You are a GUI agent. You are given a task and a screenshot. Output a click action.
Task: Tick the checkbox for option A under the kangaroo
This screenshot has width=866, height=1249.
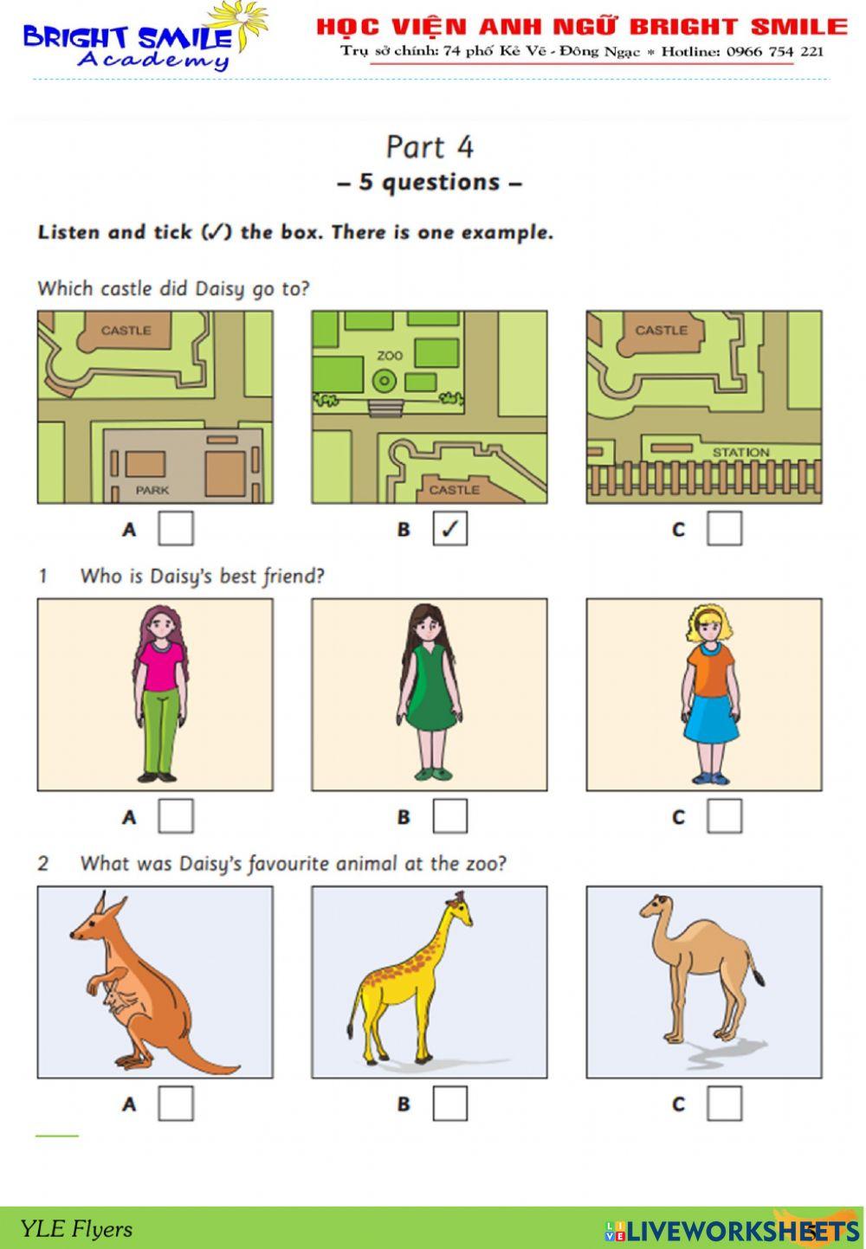(175, 1103)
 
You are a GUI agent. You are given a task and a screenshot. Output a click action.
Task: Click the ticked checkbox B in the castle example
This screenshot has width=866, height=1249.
(449, 528)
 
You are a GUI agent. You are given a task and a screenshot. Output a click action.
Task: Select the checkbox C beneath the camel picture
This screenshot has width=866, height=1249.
(724, 1103)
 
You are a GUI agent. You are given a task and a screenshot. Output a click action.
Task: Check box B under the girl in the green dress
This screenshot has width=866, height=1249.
(449, 815)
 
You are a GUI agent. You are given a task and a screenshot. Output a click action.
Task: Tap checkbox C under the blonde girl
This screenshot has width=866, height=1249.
(724, 815)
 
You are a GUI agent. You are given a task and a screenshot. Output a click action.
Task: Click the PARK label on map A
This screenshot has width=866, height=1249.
(152, 490)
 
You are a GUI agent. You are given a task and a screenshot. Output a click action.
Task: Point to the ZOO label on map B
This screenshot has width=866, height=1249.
(390, 356)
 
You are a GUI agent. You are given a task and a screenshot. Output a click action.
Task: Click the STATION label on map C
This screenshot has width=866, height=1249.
(740, 453)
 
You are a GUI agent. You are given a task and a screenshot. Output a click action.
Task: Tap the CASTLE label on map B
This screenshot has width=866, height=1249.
(454, 490)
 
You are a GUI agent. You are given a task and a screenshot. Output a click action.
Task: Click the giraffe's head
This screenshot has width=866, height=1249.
(459, 910)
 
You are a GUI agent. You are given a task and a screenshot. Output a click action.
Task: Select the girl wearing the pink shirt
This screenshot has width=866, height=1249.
(159, 692)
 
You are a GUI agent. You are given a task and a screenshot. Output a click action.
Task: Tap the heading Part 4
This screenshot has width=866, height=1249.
(430, 147)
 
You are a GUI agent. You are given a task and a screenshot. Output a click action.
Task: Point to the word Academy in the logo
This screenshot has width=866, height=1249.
(153, 60)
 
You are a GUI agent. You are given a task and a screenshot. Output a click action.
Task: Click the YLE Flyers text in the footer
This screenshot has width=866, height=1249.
(76, 1229)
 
